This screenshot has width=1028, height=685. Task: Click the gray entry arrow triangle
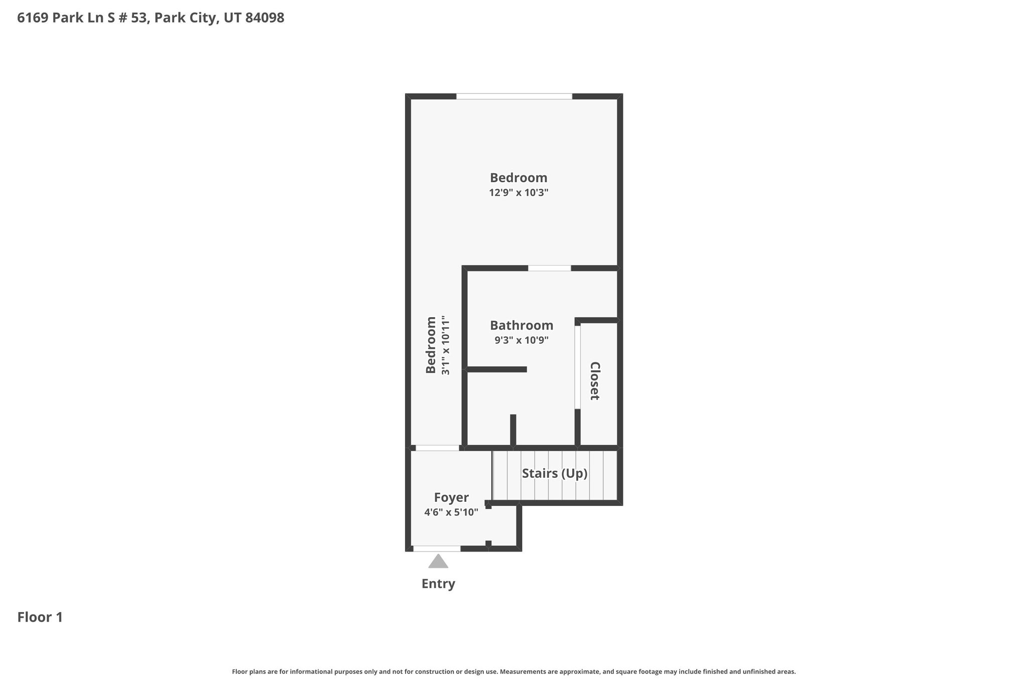click(438, 562)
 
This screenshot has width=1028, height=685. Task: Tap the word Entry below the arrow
click(438, 584)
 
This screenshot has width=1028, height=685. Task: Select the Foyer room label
click(451, 497)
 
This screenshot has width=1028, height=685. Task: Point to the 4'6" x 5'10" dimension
click(451, 512)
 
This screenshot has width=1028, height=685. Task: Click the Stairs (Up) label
click(555, 473)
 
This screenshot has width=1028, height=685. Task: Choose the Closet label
click(595, 381)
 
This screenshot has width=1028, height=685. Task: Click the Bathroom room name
click(522, 325)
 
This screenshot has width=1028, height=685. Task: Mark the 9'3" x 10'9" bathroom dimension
click(522, 340)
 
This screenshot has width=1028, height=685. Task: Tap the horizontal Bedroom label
click(519, 178)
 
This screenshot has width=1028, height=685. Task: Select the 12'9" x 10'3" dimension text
click(519, 193)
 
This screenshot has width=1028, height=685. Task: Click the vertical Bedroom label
click(431, 345)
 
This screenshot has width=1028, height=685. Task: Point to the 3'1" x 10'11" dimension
click(445, 345)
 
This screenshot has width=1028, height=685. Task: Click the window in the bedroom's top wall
click(514, 96)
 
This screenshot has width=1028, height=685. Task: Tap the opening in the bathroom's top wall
click(550, 268)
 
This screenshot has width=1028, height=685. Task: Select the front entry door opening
click(437, 549)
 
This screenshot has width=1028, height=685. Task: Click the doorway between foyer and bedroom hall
click(438, 448)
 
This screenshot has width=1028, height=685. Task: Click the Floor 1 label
click(40, 617)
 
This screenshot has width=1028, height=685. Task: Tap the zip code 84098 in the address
click(265, 18)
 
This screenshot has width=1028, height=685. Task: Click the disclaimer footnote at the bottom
click(514, 671)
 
